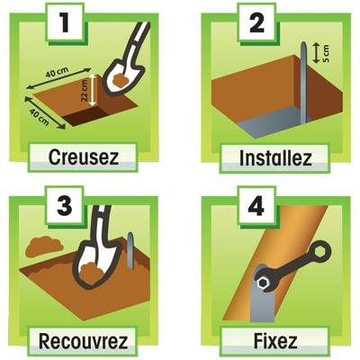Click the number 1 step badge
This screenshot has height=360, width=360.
pyautogui.click(x=65, y=23)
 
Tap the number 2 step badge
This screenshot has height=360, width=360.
pyautogui.click(x=256, y=23)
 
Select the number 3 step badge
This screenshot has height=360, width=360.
pyautogui.click(x=65, y=206)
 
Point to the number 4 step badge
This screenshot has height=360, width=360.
pyautogui.click(x=256, y=206)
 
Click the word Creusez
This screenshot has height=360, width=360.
pyautogui.click(x=84, y=157)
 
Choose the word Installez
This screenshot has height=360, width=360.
pyautogui.click(x=275, y=158)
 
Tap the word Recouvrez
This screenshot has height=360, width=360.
pyautogui.click(x=84, y=341)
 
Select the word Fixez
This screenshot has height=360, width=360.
pyautogui.click(x=275, y=341)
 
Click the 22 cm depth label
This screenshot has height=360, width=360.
pyautogui.click(x=85, y=90)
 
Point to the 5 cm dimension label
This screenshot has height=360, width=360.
pyautogui.click(x=326, y=53)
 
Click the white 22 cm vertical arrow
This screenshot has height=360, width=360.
pyautogui.click(x=93, y=90)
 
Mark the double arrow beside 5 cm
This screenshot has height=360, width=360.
pyautogui.click(x=316, y=53)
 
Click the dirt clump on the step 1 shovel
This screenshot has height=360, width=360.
pyautogui.click(x=121, y=80)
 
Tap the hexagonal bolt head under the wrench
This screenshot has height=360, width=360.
pyautogui.click(x=263, y=283)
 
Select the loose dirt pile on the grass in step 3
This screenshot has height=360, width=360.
pyautogui.click(x=44, y=247)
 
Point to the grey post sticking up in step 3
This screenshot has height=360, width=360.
pyautogui.click(x=130, y=250)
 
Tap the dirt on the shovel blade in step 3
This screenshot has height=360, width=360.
pyautogui.click(x=92, y=273)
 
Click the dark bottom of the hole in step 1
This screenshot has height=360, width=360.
pyautogui.click(x=86, y=117)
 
